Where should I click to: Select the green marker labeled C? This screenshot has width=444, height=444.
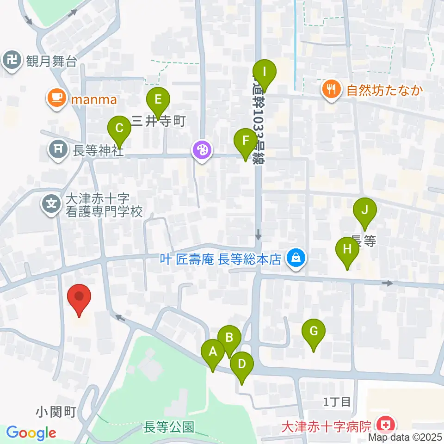[119, 128]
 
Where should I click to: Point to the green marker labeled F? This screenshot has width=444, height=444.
[245, 141]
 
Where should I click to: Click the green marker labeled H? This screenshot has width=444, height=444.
[347, 250]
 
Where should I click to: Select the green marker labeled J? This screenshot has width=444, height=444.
[364, 211]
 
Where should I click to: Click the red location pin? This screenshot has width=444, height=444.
[79, 297]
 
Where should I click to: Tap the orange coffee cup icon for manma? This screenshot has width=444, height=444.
[56, 99]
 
